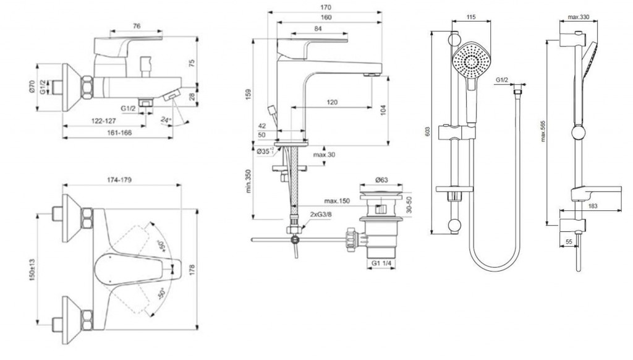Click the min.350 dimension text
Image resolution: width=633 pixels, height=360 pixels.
click(248, 181)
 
